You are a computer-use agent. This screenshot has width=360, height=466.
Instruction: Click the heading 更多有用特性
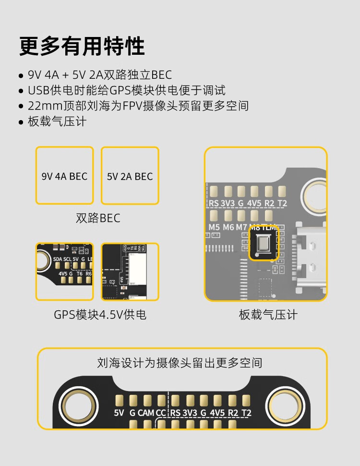82,47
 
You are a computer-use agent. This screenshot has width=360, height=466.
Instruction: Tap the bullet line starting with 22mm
138,106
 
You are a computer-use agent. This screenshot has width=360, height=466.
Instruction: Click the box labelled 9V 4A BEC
64,176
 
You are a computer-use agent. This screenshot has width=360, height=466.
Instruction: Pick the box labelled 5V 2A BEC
130,176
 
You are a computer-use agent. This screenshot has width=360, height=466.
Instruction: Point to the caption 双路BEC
98,218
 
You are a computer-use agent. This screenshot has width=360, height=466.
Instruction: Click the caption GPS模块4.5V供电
100,315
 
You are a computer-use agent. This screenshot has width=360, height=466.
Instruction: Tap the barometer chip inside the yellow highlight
264,245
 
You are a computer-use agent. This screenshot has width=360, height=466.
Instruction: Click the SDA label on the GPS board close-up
58,259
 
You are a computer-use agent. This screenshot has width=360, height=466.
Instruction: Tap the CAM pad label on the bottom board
146,413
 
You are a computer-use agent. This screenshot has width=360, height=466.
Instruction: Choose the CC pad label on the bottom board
161,413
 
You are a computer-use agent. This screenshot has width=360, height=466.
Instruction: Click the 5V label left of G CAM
119,413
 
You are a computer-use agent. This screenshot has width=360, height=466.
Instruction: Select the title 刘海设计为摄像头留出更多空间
180,362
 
